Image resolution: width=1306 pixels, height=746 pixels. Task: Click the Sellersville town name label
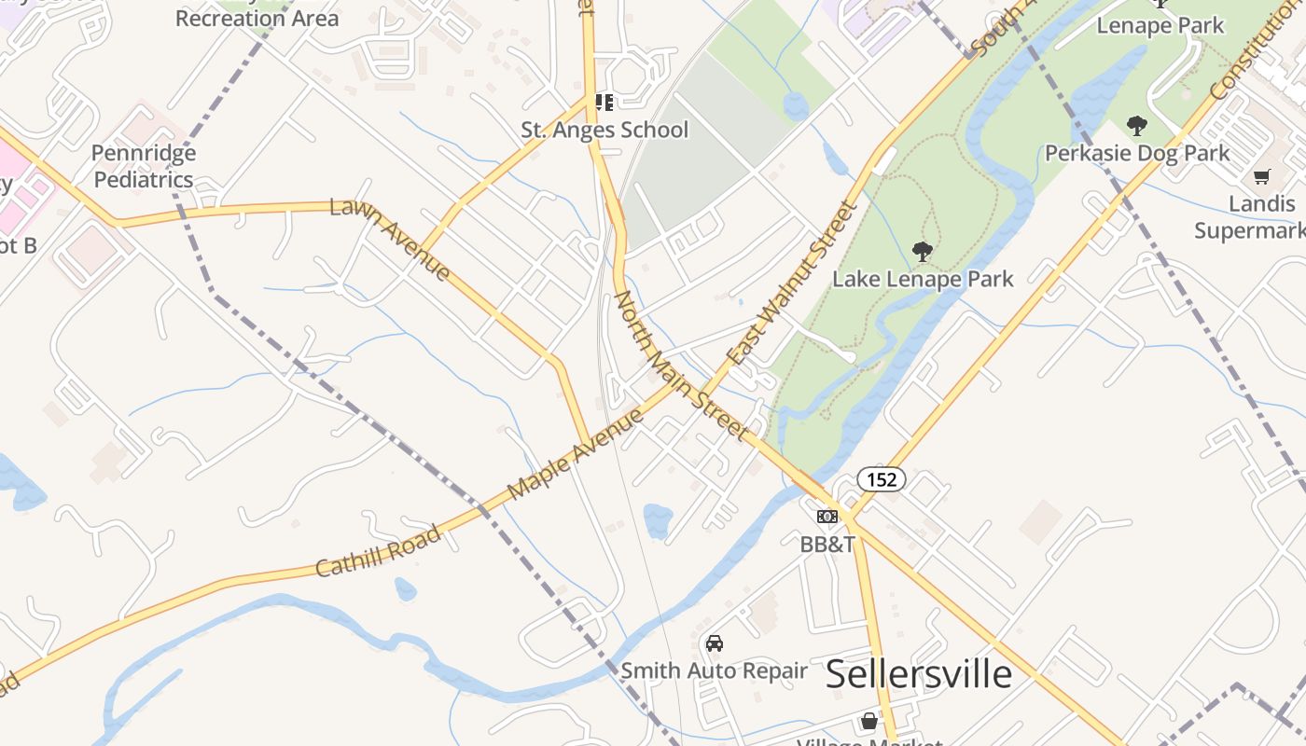919,673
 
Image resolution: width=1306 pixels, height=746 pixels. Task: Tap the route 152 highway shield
881,479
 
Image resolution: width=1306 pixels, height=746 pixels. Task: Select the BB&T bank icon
827,517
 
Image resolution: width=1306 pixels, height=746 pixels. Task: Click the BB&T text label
827,544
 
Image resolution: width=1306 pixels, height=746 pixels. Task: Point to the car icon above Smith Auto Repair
715,643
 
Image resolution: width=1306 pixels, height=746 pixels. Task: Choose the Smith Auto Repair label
715,670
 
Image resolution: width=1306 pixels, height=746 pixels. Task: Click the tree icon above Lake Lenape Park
923,251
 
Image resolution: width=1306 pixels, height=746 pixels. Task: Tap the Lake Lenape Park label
923,278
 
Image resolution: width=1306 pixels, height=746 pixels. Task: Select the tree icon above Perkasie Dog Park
1137,125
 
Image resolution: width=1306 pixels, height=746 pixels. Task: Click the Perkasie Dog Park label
1137,152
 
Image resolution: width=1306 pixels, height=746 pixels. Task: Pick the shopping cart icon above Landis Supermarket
1262,176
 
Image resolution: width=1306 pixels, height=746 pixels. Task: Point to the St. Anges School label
604,130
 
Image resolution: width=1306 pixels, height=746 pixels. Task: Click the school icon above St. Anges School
604,103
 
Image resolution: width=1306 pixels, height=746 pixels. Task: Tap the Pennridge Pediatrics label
144,166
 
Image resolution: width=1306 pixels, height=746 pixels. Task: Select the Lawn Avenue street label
393,240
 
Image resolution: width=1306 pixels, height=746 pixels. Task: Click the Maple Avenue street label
576,453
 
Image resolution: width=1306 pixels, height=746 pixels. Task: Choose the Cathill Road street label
378,550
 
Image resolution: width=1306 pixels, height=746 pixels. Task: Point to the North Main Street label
680,365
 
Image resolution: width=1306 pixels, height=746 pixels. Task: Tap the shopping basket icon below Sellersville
869,721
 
